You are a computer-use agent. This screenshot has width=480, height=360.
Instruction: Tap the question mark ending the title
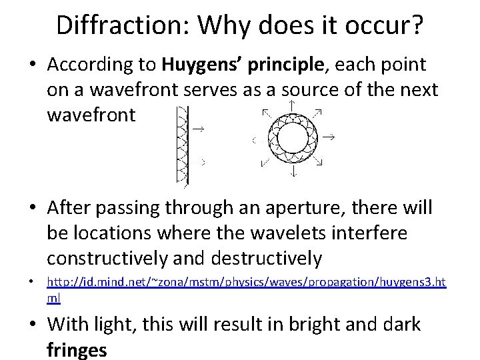[416, 25]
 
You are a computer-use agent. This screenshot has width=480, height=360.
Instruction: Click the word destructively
[267, 257]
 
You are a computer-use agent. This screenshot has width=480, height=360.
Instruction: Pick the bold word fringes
[77, 349]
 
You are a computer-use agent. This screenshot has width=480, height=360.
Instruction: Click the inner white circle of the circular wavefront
[292, 139]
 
